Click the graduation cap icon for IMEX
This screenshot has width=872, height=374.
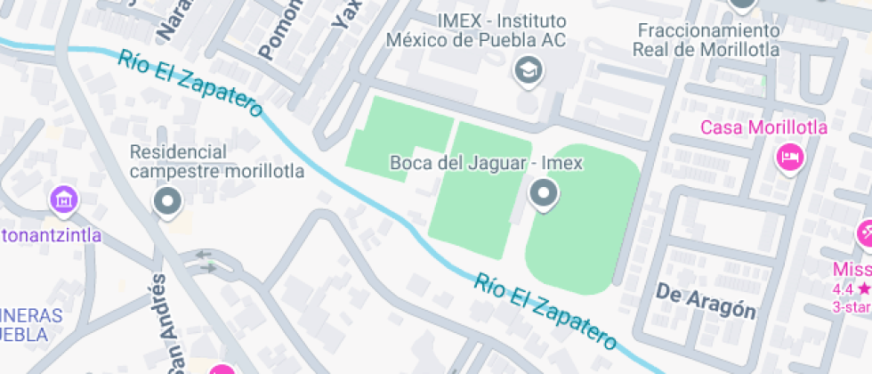(529, 69)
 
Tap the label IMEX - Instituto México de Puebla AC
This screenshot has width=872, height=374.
(477, 31)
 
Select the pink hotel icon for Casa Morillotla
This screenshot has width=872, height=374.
(788, 159)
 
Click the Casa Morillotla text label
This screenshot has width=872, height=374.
(763, 127)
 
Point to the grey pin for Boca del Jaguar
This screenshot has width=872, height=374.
(543, 193)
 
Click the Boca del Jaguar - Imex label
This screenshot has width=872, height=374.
(486, 164)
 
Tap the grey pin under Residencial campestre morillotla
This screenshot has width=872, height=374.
(167, 202)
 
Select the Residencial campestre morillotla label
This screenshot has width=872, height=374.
(216, 161)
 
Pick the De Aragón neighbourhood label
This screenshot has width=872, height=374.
(706, 301)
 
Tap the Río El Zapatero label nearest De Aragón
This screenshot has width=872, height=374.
(545, 311)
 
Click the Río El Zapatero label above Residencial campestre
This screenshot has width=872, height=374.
(190, 84)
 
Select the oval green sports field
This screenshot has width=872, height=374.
(583, 219)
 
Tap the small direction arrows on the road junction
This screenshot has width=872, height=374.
(206, 260)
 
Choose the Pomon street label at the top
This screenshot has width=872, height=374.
(277, 33)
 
